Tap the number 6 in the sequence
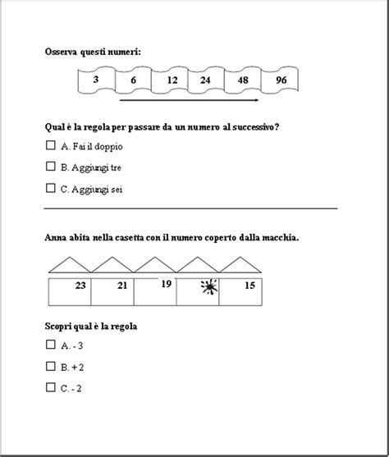tap(134, 80)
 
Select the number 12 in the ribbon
tap(172, 80)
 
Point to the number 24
tap(205, 80)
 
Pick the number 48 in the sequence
tap(243, 80)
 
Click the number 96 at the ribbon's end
tap(281, 80)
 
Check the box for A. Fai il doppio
tap(51, 145)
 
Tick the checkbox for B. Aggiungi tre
tap(51, 167)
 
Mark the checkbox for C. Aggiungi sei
tap(51, 188)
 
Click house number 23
tap(80, 286)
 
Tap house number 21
tap(122, 286)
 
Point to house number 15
tap(250, 286)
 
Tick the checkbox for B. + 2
tap(51, 366)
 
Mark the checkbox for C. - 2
tap(51, 387)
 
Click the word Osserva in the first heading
tap(61, 51)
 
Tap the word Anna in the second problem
tap(56, 238)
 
